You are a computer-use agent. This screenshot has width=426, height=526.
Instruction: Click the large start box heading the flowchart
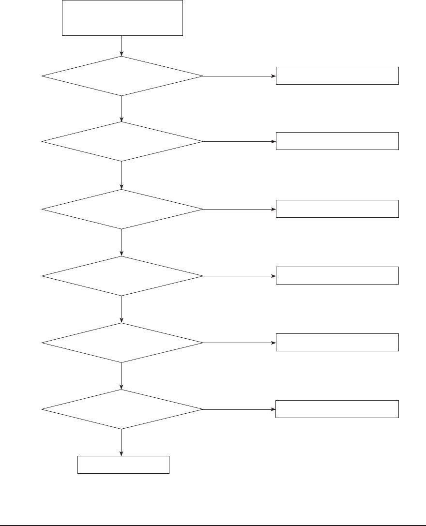122,18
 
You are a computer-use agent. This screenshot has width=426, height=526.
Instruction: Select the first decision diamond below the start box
122,76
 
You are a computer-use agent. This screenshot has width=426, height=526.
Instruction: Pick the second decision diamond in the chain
122,141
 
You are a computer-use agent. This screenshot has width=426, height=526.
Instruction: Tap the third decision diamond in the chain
122,209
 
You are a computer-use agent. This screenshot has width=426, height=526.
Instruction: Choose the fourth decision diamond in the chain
122,276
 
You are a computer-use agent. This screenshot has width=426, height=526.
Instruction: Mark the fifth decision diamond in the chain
122,343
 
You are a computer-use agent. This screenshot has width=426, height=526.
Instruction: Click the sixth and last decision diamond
122,409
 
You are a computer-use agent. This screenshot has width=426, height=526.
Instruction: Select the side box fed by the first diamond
337,76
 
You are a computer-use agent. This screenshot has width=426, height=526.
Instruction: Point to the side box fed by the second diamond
337,141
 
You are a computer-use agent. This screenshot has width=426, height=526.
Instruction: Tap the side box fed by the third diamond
337,209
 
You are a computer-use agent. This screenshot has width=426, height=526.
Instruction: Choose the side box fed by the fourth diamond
337,275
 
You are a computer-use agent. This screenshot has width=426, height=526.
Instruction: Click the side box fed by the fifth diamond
337,342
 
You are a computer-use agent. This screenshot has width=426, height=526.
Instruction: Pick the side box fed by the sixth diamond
337,409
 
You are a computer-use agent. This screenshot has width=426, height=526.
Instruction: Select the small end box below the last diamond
123,465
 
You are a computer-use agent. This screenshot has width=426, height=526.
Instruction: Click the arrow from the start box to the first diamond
122,46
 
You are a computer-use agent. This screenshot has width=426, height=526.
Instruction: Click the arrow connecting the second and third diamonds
122,175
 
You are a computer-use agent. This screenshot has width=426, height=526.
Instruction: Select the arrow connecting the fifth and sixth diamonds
121,376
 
